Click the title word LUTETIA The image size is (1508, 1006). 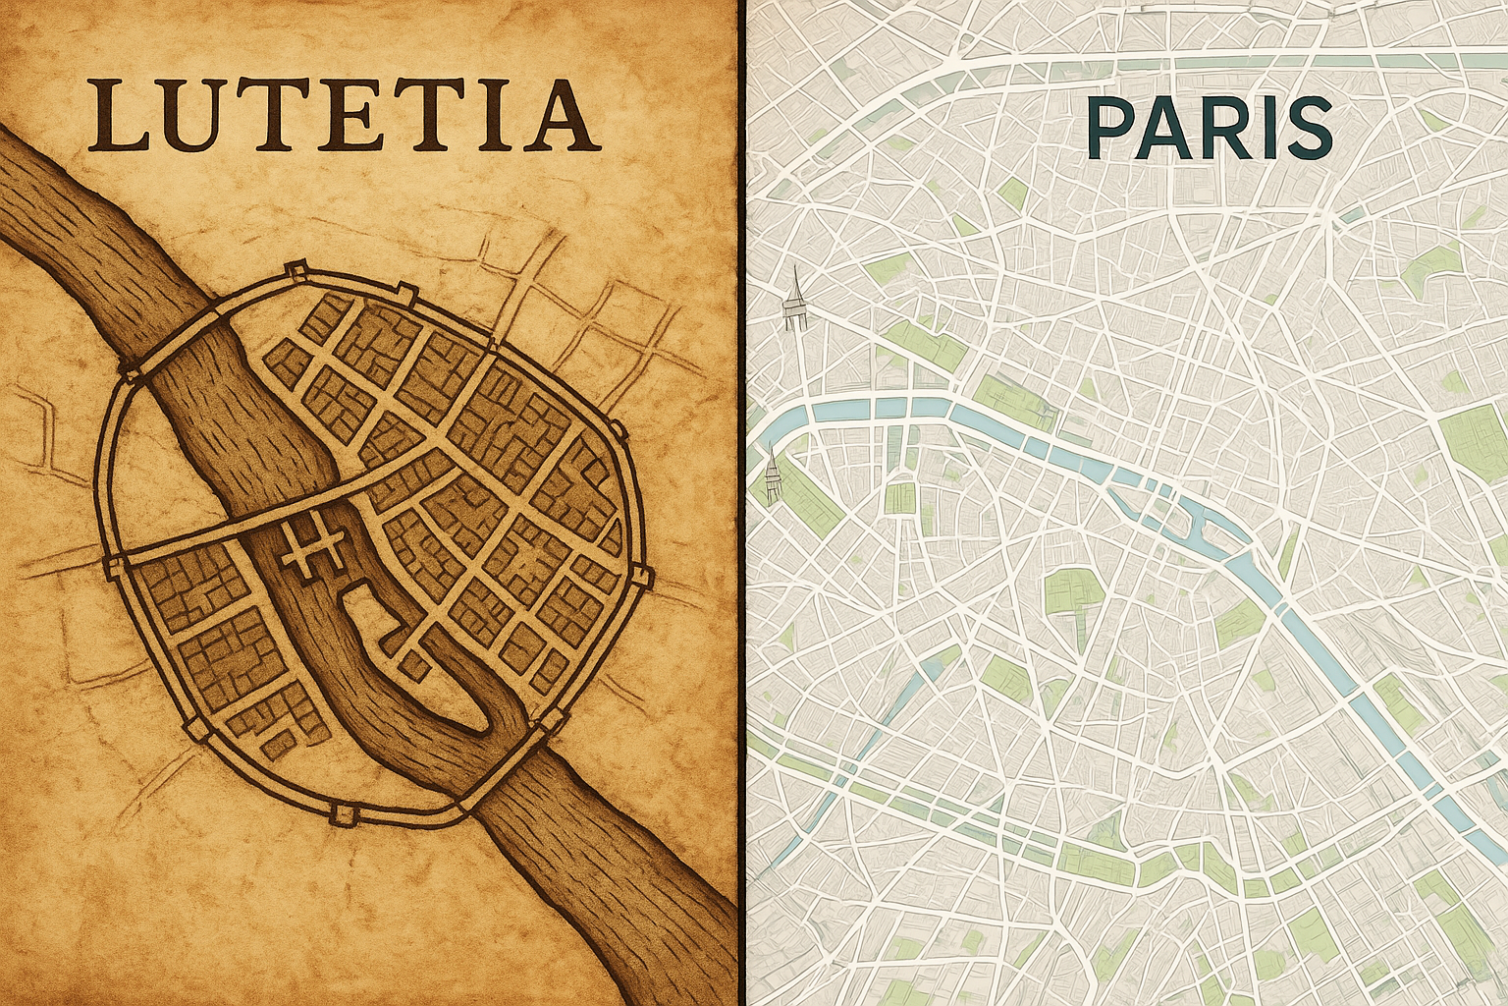pyautogui.click(x=344, y=116)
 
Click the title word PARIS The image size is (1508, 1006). pyautogui.click(x=1209, y=130)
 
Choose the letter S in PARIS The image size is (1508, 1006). pyautogui.click(x=1304, y=130)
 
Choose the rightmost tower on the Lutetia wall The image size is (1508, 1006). pyautogui.click(x=643, y=576)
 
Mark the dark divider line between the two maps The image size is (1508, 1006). pyautogui.click(x=742, y=503)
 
